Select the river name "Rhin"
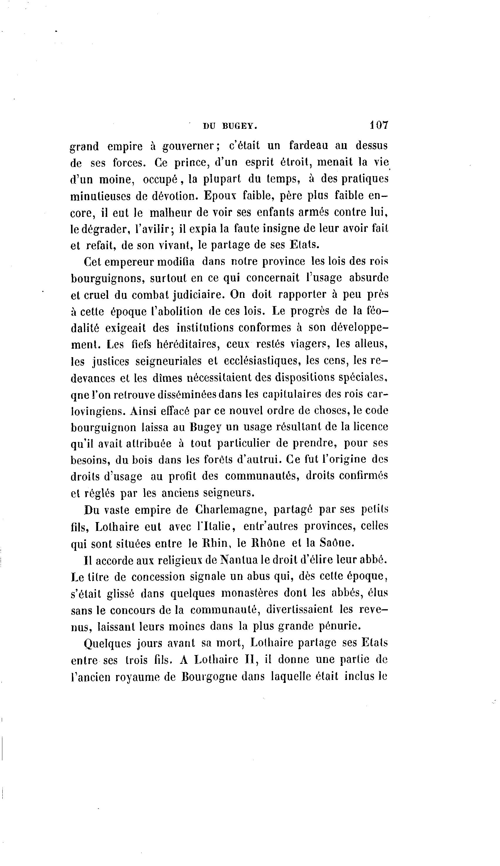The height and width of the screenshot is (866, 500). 213,543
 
